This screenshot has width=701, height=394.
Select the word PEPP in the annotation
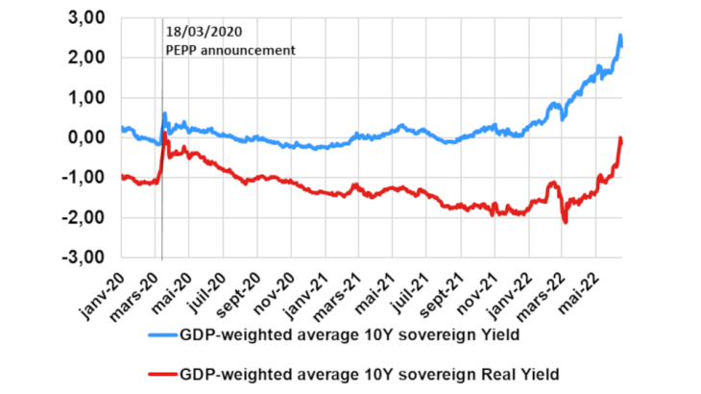181,49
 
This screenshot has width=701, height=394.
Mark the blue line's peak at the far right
620,36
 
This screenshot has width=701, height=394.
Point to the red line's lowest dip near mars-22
566,223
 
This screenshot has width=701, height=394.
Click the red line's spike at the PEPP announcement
164,134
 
